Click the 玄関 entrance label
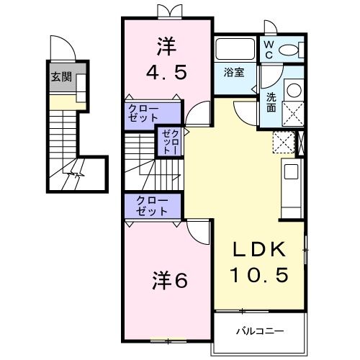61,77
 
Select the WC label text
268,48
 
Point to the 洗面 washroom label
271,102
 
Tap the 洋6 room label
169,279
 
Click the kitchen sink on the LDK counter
292,172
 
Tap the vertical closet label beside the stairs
169,141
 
